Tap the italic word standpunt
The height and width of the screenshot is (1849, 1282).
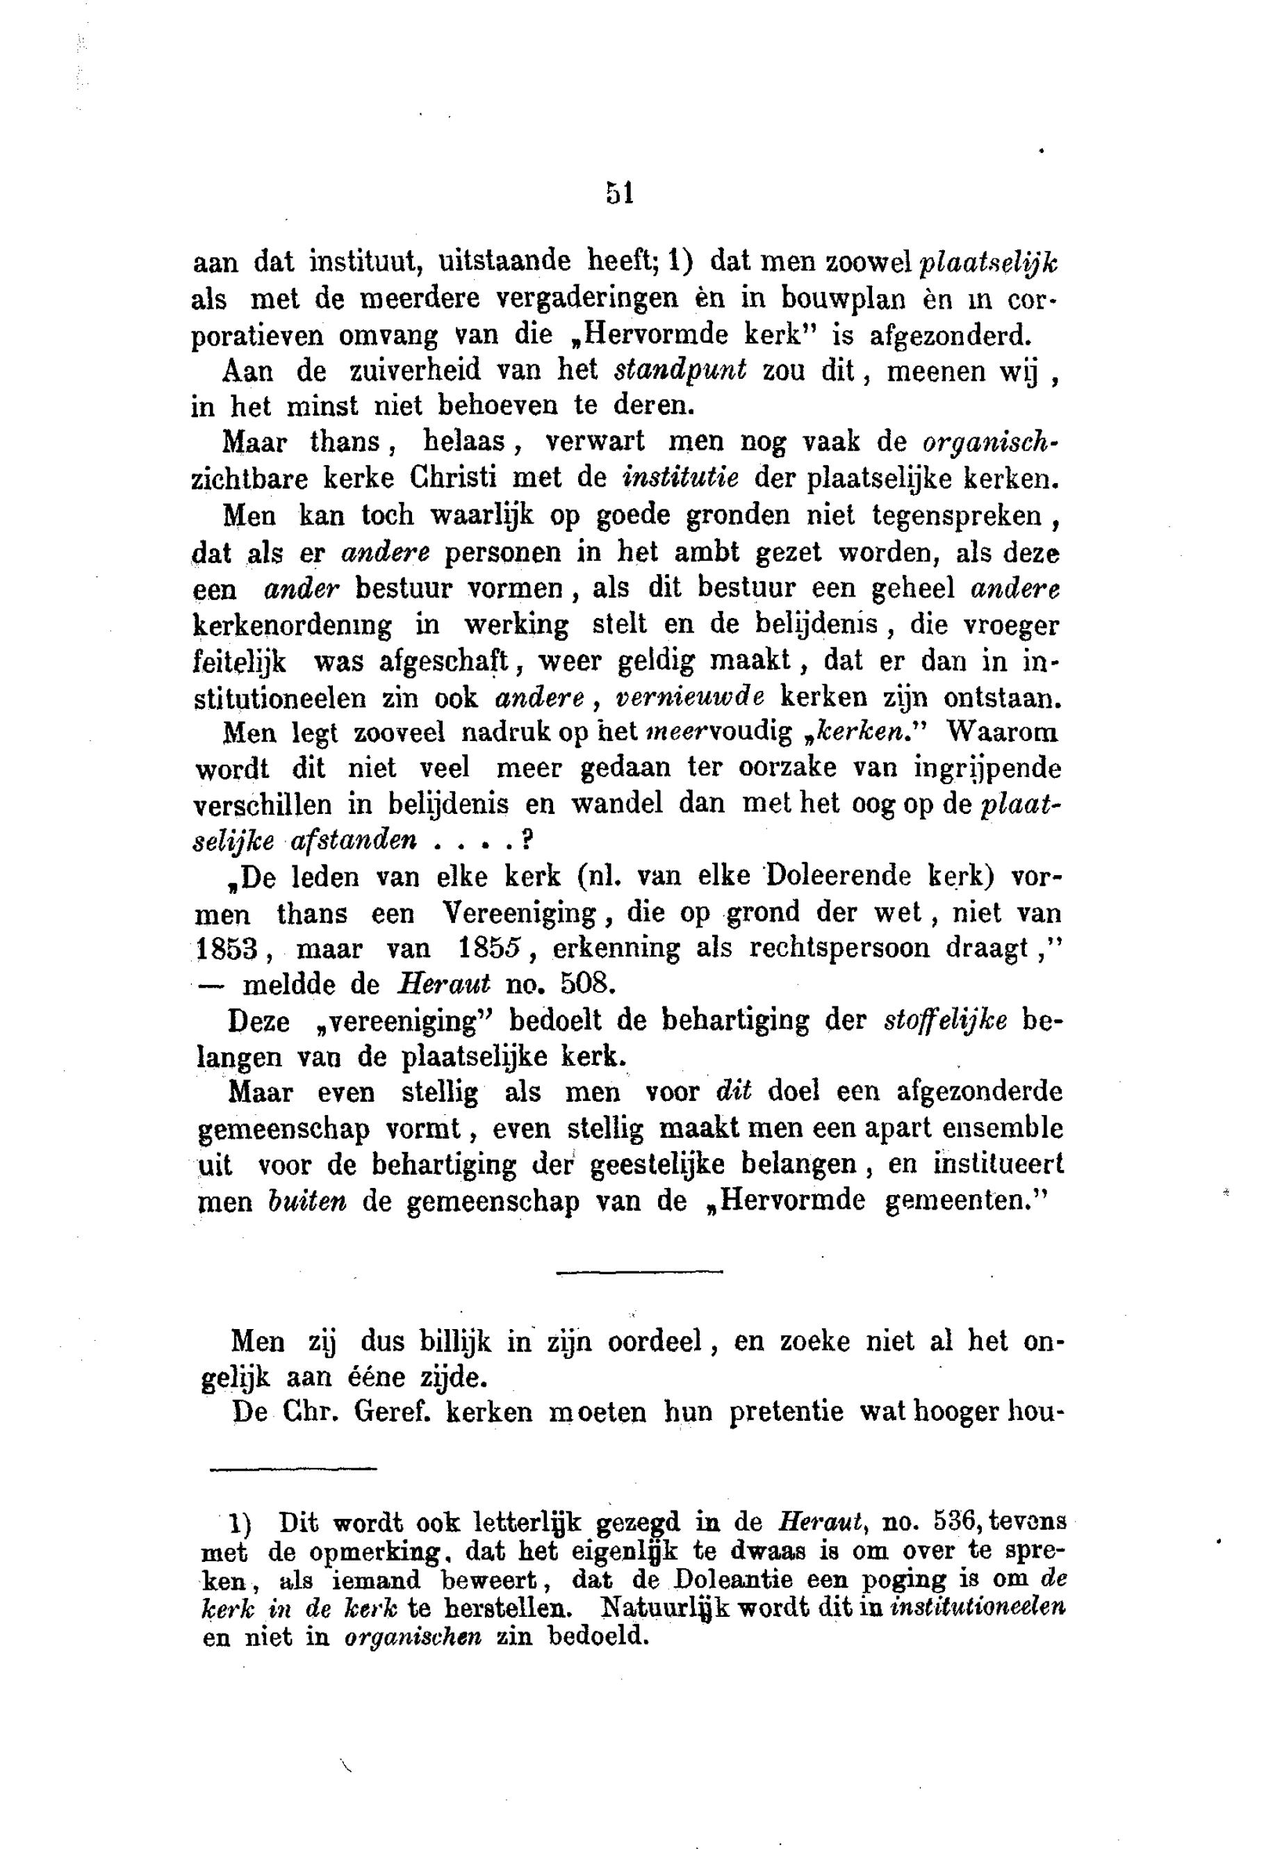680,370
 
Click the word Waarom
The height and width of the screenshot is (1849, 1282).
1003,732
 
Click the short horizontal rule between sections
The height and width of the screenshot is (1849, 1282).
639,1271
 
